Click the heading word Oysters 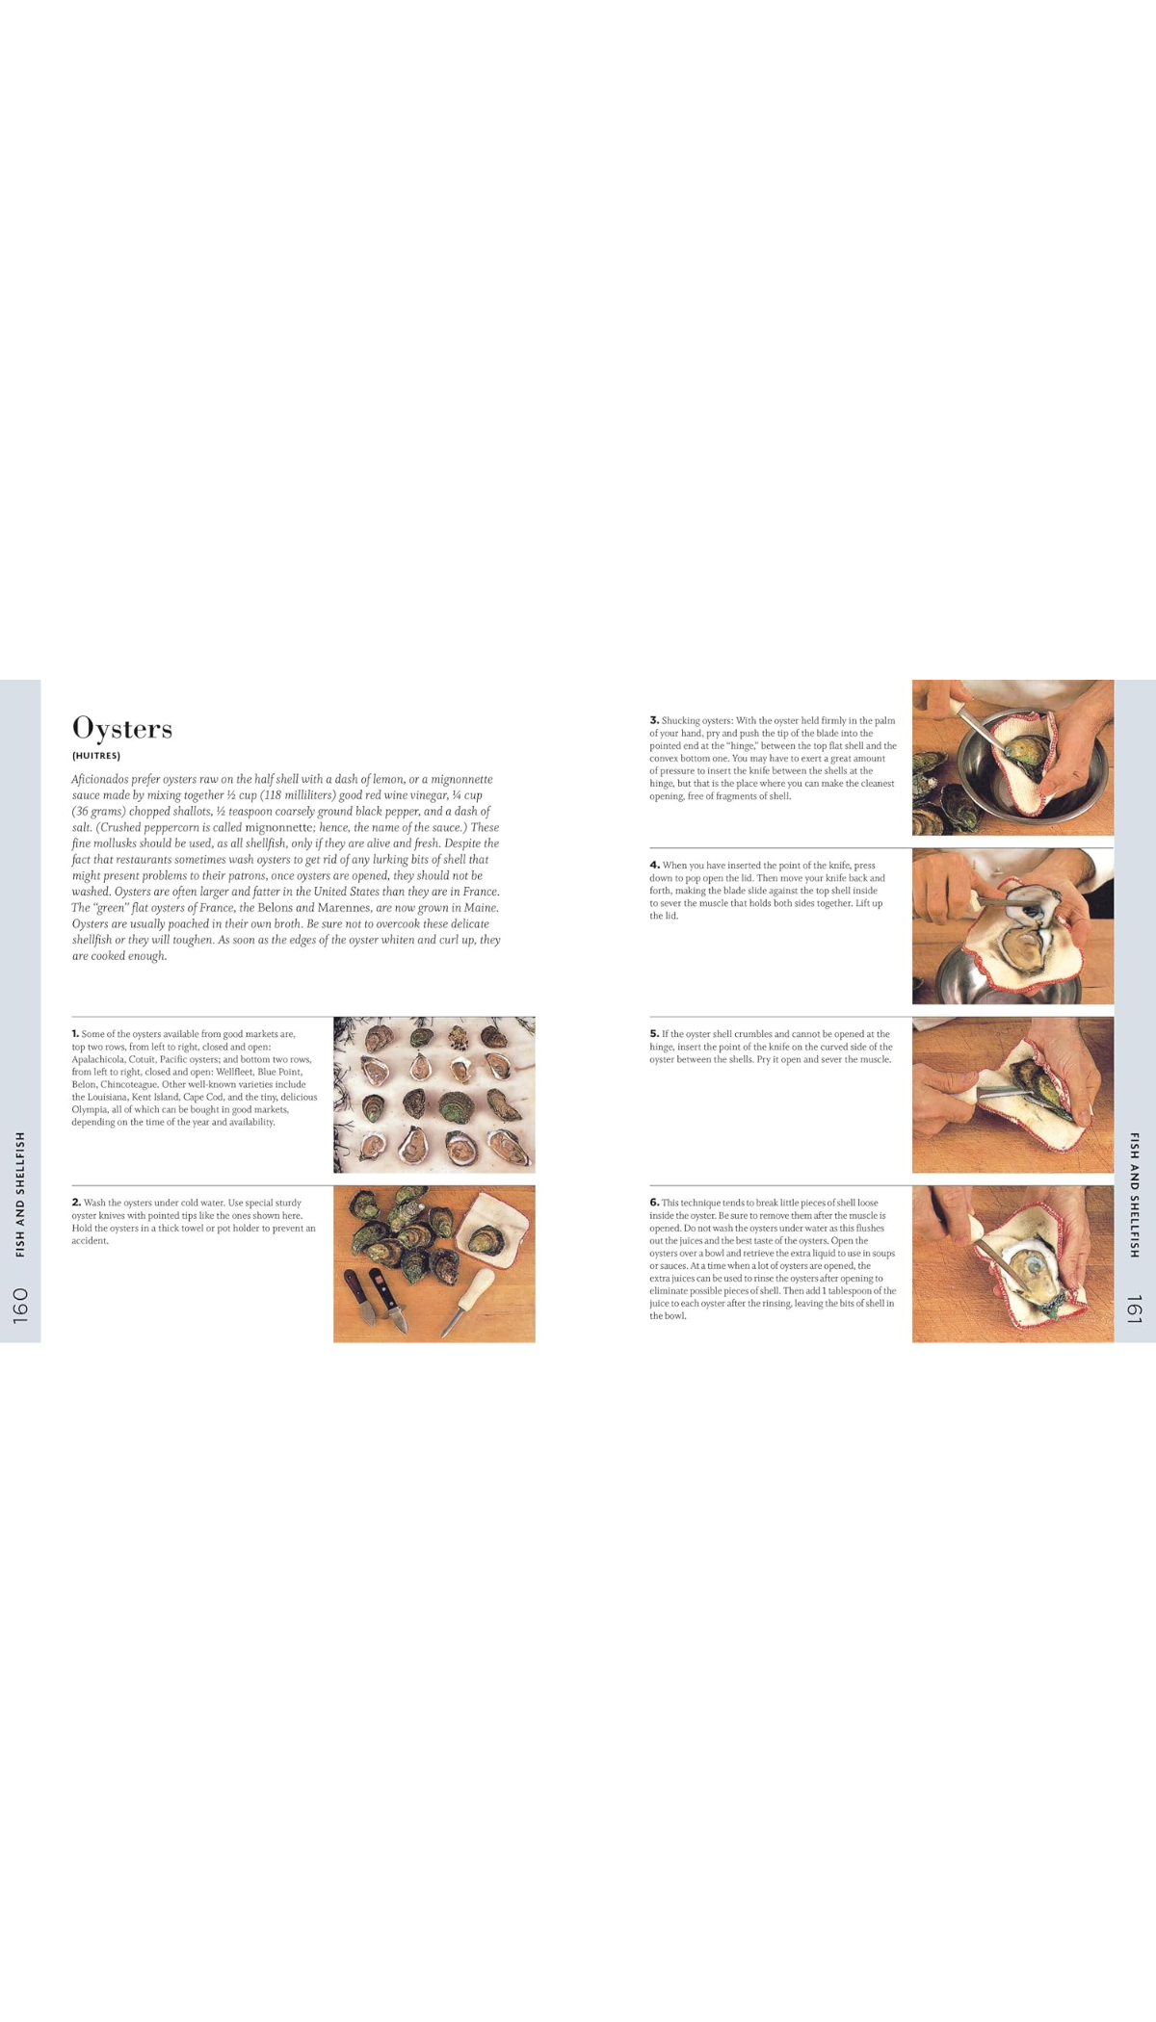tap(122, 728)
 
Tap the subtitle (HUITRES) tap(95, 756)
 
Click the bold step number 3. tap(654, 720)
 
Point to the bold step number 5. tap(654, 1034)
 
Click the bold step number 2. tap(76, 1203)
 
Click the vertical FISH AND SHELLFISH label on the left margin tap(20, 1194)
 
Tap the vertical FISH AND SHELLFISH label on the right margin tap(1134, 1194)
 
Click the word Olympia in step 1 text tap(92, 1109)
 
